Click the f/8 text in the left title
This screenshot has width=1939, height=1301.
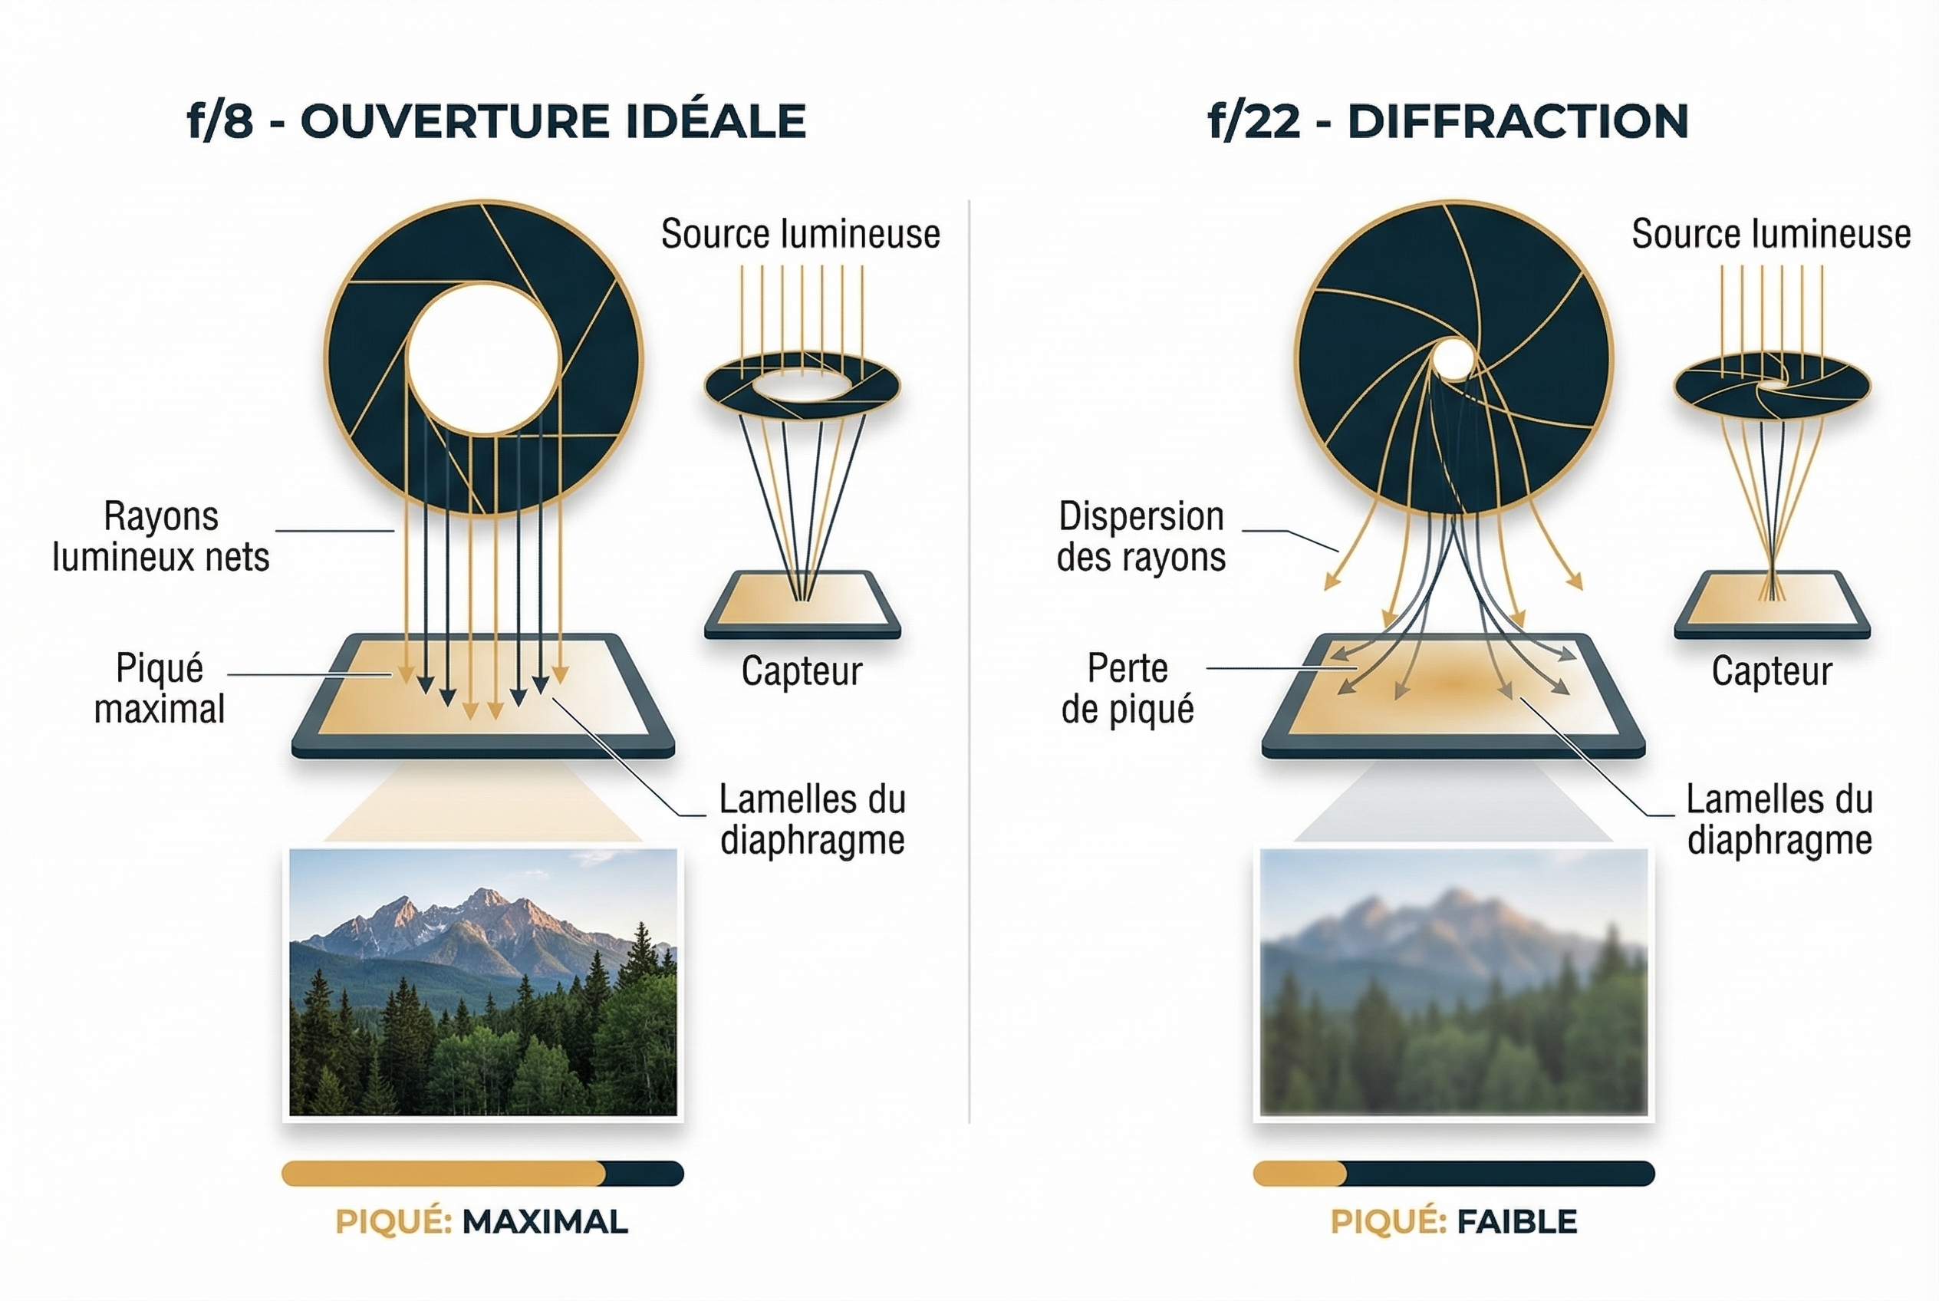point(220,121)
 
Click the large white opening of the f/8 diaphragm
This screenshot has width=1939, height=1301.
point(483,358)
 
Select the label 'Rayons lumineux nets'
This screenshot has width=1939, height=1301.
point(161,536)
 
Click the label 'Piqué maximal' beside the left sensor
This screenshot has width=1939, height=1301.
point(160,688)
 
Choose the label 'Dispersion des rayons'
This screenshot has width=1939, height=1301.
point(1141,536)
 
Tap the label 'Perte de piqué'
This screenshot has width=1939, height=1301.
point(1128,688)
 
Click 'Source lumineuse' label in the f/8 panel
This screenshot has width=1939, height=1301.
point(800,234)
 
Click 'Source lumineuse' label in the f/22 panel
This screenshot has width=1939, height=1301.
point(1770,234)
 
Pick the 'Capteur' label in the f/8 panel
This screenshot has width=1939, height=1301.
point(802,670)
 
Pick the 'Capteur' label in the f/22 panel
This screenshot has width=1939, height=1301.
point(1771,670)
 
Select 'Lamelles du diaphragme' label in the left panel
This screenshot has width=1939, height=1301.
point(812,819)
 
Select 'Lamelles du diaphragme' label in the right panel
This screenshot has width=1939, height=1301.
point(1779,819)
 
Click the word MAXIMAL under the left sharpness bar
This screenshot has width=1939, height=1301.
point(545,1221)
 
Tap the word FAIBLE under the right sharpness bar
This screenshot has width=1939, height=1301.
point(1516,1221)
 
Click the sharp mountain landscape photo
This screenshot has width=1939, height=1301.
point(483,982)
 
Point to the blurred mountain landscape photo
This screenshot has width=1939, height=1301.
point(1453,982)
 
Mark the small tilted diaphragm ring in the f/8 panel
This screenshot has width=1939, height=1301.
point(802,387)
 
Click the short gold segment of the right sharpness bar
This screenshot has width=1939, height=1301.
point(1299,1173)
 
